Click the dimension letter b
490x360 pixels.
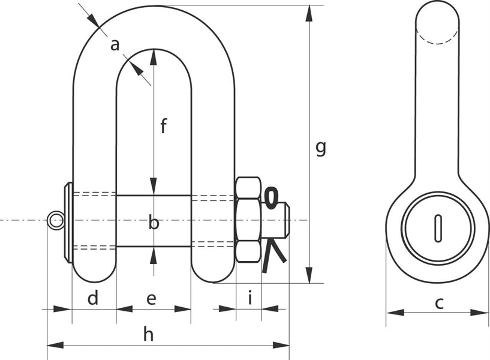pyautogui.click(x=154, y=223)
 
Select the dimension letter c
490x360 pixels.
pyautogui.click(x=439, y=303)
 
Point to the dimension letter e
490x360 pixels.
pyautogui.click(x=151, y=298)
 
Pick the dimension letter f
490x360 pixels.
pyautogui.click(x=163, y=126)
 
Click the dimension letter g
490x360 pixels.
pyautogui.click(x=321, y=147)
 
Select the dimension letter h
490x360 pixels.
pyautogui.click(x=148, y=334)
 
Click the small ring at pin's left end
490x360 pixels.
pyautogui.click(x=56, y=220)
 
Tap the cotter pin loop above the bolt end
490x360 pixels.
pyautogui.click(x=271, y=197)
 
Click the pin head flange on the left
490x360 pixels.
pyautogui.click(x=68, y=222)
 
